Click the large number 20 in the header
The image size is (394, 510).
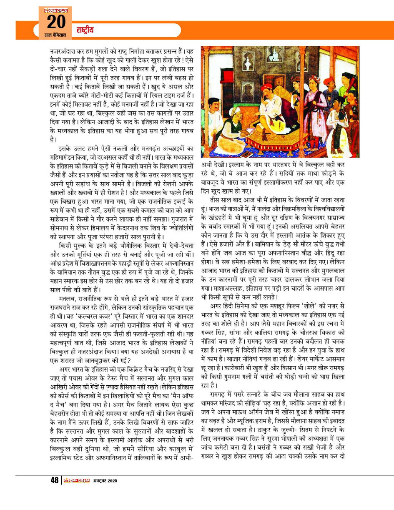55,21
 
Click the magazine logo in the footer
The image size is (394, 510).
76,480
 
